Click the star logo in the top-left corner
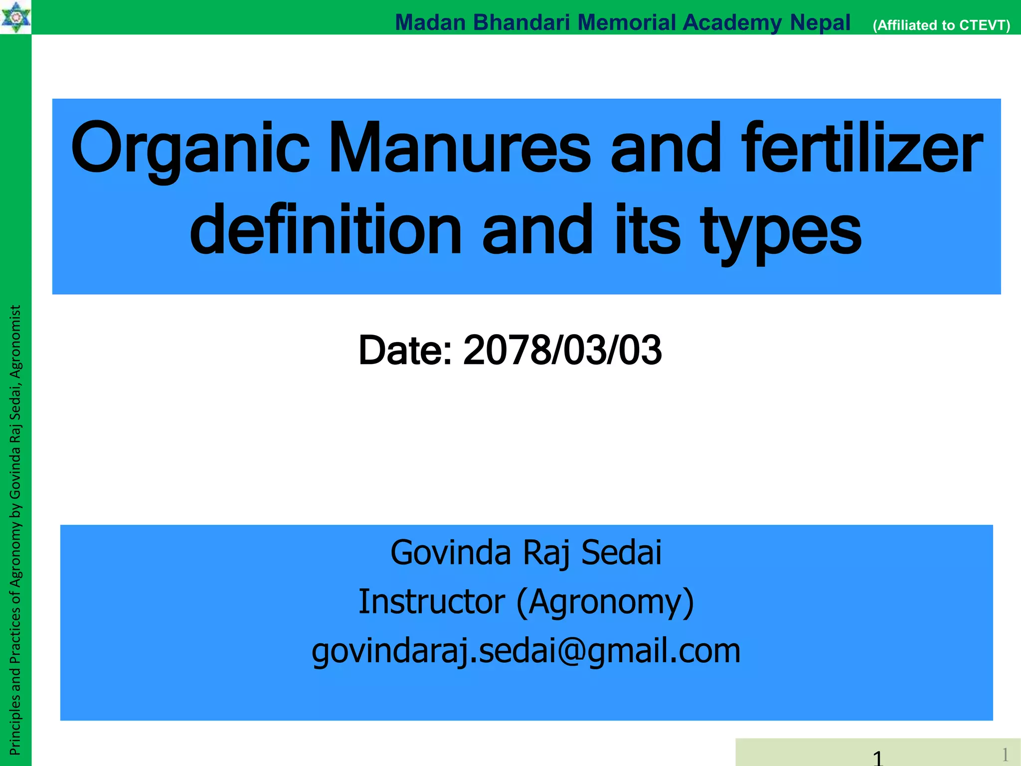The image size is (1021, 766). pos(15,16)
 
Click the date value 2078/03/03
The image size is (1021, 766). pos(562,350)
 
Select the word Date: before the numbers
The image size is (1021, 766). pos(405,350)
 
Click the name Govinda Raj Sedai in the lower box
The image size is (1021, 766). pos(526,553)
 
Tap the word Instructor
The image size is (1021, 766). pos(432,601)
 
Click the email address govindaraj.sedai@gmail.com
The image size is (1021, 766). pos(526,651)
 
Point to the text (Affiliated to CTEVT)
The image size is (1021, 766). pos(941,25)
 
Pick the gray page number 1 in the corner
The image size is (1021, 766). pos(1005,754)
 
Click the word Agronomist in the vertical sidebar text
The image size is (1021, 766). pos(15,342)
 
